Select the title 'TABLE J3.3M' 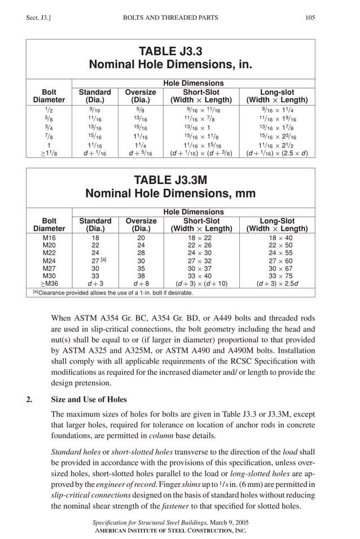point(170,181)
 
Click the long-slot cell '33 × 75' point(276,277)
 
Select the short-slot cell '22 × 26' point(201,246)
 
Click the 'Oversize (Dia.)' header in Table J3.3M point(141,225)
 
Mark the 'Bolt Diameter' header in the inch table point(49,96)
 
